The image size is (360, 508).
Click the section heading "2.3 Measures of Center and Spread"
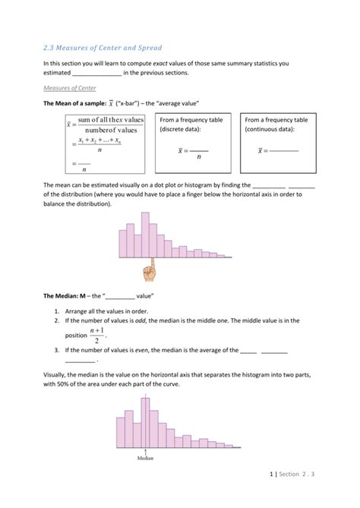[103, 47]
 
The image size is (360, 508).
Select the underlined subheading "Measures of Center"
[70, 88]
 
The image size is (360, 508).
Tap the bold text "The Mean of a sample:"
[74, 103]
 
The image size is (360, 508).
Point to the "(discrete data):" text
[181, 129]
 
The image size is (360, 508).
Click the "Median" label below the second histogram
[146, 458]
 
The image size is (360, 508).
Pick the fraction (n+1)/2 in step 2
[96, 335]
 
